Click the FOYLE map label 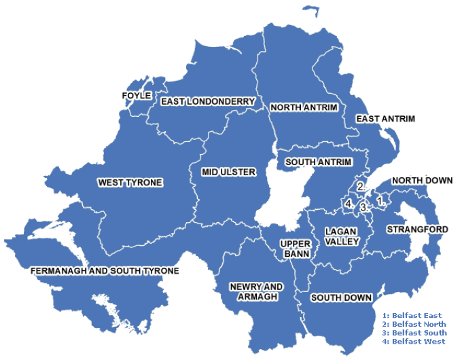click(136, 96)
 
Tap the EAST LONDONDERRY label click(208, 102)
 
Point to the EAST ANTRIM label click(385, 119)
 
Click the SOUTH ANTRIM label click(318, 162)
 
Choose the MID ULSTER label click(229, 173)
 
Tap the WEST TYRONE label click(130, 183)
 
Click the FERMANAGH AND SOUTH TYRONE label click(105, 271)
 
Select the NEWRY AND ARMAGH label click(256, 292)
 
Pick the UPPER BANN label click(296, 249)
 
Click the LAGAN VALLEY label click(337, 236)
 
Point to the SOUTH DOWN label click(341, 298)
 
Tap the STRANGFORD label click(417, 230)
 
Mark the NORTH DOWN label click(421, 181)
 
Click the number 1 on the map click(380, 200)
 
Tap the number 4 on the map click(348, 203)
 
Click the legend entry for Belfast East click(412, 316)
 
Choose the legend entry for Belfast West click(413, 342)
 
